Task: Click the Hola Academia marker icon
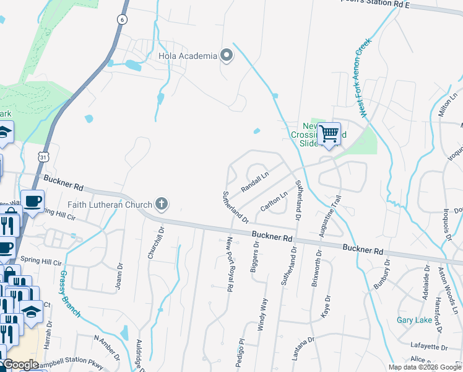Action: point(227,56)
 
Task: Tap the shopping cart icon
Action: point(329,133)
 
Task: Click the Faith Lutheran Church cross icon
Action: point(161,203)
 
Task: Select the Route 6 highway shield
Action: point(123,20)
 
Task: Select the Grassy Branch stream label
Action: point(70,293)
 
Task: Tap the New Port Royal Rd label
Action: point(229,263)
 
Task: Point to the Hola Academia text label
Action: point(188,56)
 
